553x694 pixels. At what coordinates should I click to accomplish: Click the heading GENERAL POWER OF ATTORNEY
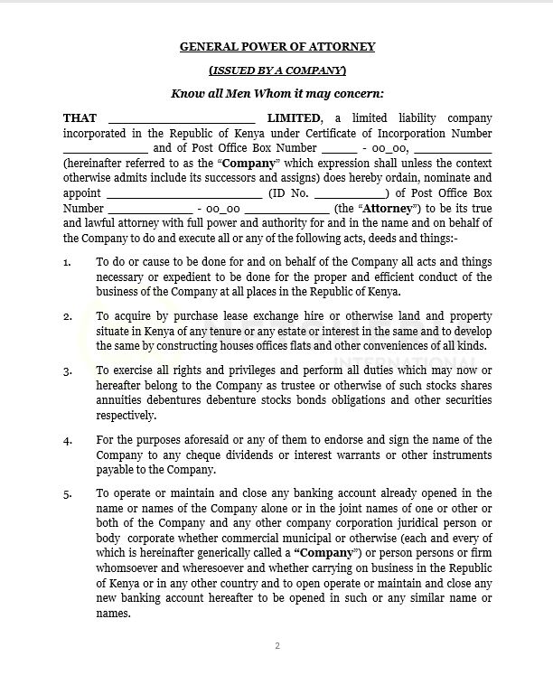tap(276, 46)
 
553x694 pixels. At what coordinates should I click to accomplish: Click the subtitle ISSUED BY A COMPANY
tap(276, 70)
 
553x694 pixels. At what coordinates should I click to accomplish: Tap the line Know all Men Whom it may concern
tap(276, 93)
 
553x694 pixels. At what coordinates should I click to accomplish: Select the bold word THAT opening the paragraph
tap(80, 118)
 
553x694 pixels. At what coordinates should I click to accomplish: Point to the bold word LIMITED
tap(294, 118)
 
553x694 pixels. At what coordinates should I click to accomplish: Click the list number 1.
tap(68, 262)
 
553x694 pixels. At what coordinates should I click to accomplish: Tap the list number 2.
tap(68, 316)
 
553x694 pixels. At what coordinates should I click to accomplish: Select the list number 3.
tap(68, 371)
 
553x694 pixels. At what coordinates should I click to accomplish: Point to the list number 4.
tap(68, 440)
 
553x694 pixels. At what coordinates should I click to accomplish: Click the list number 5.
tap(68, 493)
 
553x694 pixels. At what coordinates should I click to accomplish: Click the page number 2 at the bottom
tap(277, 646)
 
